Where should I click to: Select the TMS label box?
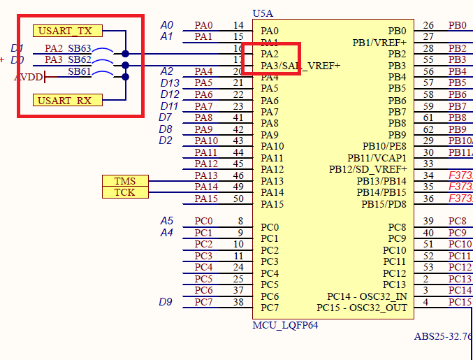(x=125, y=181)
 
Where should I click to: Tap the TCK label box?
(x=125, y=192)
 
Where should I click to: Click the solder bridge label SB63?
(x=80, y=49)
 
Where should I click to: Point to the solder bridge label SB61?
(x=80, y=71)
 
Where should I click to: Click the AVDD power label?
(x=29, y=77)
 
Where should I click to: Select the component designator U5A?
(x=263, y=14)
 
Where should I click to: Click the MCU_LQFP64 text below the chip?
(x=286, y=326)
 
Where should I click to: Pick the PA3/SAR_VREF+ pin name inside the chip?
(x=300, y=66)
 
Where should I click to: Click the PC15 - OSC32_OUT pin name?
(x=361, y=308)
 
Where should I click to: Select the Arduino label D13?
(x=170, y=83)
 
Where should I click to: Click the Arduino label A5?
(x=166, y=221)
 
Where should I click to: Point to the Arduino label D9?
(x=166, y=302)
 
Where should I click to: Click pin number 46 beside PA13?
(x=238, y=175)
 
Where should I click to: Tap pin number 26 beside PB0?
(x=428, y=26)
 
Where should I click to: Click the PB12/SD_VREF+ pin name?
(x=368, y=170)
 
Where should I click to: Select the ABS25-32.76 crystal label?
(x=443, y=336)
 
